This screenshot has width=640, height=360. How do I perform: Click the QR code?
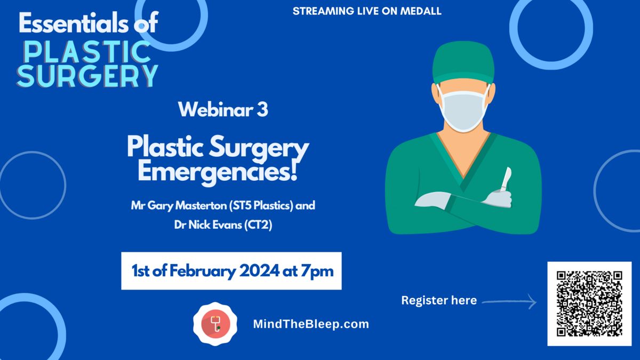(589, 303)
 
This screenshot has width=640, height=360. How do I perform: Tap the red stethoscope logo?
(215, 324)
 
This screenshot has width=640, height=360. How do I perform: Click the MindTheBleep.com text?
(311, 324)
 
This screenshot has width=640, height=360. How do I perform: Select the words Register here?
(439, 300)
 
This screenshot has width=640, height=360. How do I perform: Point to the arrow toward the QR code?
(509, 301)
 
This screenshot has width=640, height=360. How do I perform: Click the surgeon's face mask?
(463, 110)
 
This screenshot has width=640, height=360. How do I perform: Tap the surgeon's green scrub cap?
(463, 63)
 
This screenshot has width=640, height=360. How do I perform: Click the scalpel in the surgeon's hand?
(506, 179)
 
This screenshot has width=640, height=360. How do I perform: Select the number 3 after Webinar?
(262, 110)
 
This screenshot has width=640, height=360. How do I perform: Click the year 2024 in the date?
(259, 270)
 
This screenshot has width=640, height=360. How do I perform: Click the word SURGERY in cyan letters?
(87, 76)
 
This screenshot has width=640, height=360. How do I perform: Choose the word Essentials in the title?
(74, 23)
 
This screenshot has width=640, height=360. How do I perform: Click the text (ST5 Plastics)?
(261, 206)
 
